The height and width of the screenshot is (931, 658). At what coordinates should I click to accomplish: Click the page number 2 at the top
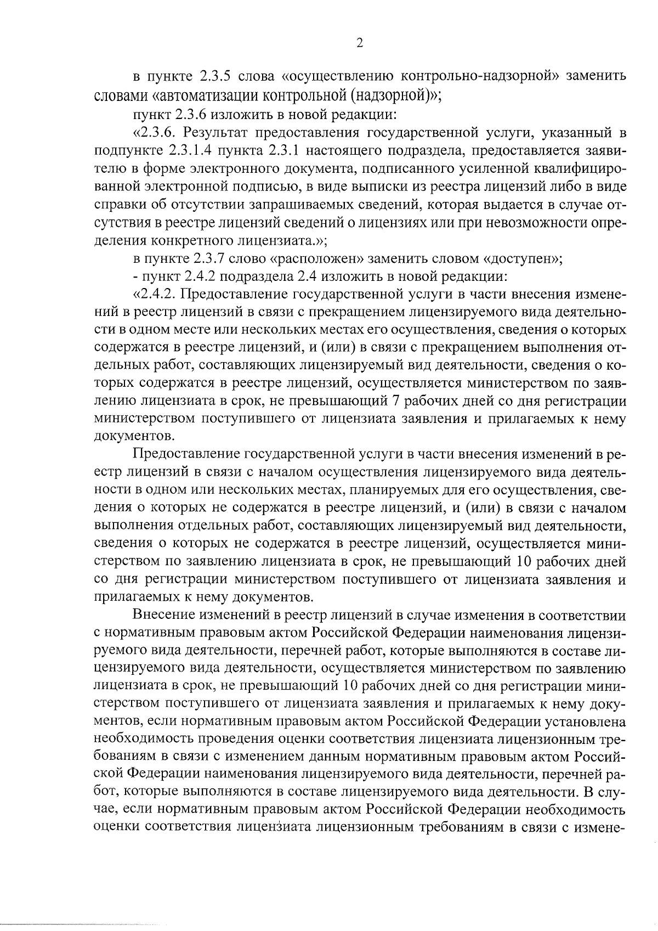coord(359,43)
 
